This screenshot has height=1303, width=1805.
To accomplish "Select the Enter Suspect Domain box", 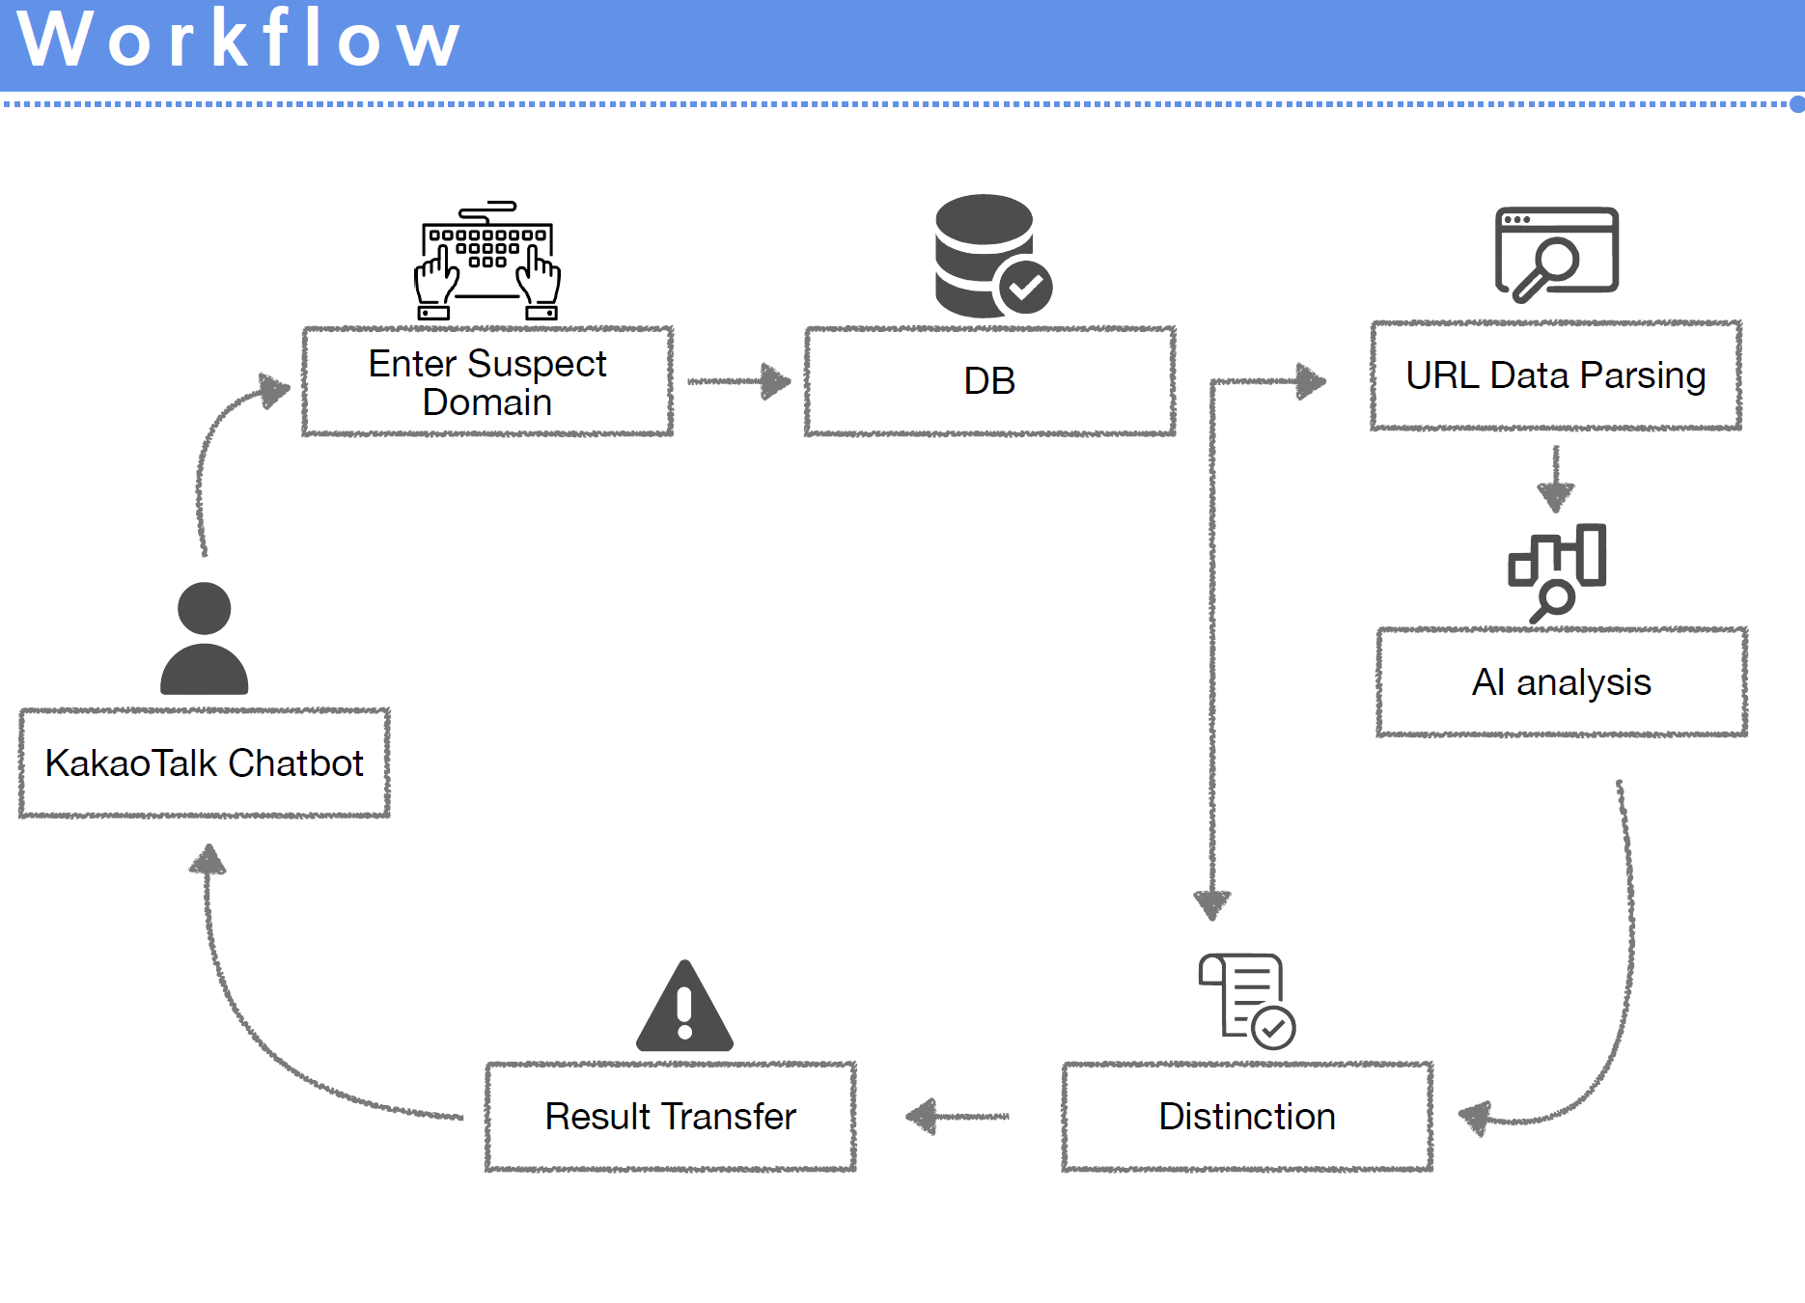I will coord(487,381).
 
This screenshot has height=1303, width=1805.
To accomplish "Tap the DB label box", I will coord(989,381).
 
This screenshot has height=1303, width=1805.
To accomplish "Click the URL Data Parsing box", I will coord(1555,375).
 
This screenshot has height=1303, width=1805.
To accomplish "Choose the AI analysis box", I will coord(1561,682).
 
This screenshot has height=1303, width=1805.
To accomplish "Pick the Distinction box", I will coord(1246,1117).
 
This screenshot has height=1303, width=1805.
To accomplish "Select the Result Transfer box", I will coord(670,1117).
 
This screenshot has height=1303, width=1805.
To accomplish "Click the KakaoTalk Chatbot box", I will coord(204,763).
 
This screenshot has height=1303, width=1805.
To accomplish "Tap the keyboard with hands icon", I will coord(487,261).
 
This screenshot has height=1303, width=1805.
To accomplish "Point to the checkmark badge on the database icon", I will coord(1025,287).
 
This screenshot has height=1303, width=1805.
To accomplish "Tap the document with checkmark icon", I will coord(1246,1000).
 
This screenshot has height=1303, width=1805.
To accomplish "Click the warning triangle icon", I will coord(684,1008).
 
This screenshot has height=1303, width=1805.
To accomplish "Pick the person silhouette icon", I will coord(204,639).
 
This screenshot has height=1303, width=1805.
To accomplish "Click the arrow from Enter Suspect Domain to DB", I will coord(738,381).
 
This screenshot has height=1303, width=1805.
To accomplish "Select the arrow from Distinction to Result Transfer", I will coord(957,1117).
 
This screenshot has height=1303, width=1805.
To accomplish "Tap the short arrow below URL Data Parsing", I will coord(1555,480).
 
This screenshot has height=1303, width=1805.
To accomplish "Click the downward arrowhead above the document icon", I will coord(1212,904).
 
